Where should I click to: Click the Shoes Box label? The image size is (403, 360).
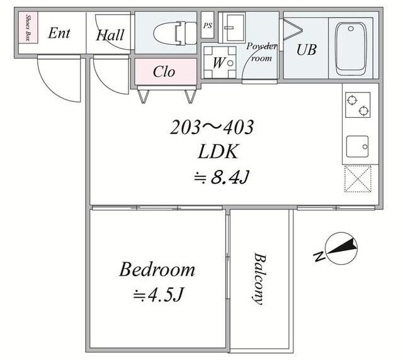[28, 28]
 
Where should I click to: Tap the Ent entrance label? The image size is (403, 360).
[59, 33]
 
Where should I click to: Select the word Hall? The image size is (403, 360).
[110, 35]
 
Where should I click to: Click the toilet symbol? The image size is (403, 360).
[175, 33]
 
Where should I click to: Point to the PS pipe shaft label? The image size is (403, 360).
[208, 26]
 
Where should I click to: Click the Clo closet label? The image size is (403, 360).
[164, 72]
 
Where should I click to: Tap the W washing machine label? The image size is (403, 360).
[219, 62]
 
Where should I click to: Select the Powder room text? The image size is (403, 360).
[262, 52]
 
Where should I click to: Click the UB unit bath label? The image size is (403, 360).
[306, 50]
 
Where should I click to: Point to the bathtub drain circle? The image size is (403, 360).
[351, 28]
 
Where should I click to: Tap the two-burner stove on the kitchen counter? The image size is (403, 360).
[358, 105]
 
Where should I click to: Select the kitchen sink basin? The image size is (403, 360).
[357, 147]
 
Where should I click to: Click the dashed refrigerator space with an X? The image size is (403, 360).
[358, 179]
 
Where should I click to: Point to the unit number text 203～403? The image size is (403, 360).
[212, 127]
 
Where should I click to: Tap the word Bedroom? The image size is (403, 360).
[157, 269]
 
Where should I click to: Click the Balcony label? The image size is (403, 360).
[259, 279]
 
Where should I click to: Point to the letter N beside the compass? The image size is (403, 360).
[319, 256]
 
